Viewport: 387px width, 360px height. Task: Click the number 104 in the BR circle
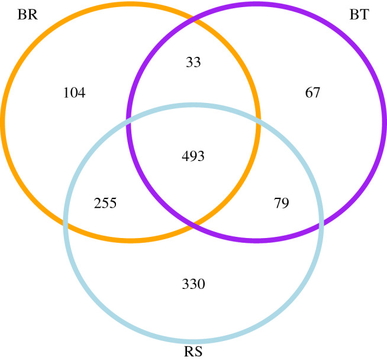(74, 93)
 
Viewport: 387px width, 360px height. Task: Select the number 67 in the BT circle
(312, 93)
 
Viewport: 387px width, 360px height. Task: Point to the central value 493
(193, 156)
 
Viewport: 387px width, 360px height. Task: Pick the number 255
(106, 204)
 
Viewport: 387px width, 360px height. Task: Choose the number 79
(281, 204)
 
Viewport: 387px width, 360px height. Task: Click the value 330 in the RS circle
(193, 284)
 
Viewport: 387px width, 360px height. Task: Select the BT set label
(359, 15)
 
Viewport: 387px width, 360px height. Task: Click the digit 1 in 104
(66, 93)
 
